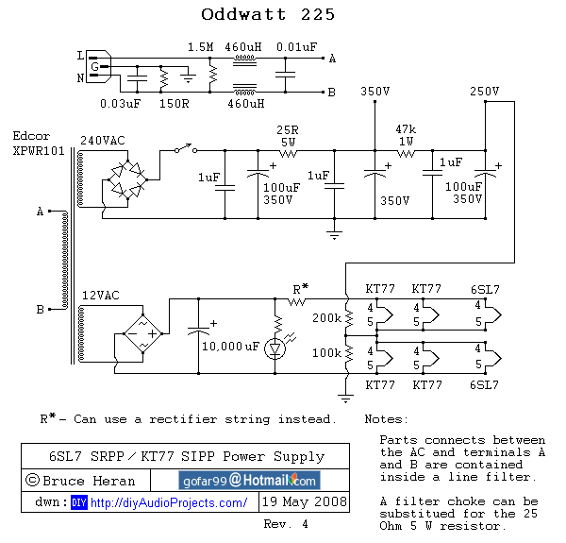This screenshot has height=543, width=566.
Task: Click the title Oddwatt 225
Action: (x=268, y=15)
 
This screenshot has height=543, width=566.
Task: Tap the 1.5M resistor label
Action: (x=200, y=46)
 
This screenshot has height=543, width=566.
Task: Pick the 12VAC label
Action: (x=100, y=297)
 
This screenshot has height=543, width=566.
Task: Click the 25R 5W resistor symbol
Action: (x=288, y=151)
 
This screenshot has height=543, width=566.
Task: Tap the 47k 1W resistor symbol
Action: (x=406, y=151)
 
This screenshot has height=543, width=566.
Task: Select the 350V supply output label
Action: (x=375, y=92)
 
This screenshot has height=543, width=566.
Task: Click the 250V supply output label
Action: (x=484, y=92)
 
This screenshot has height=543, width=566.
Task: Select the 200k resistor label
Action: (x=326, y=318)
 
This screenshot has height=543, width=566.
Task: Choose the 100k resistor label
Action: (x=326, y=351)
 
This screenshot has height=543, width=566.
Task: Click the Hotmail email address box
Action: (x=249, y=480)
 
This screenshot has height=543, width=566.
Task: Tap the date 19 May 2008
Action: (x=304, y=501)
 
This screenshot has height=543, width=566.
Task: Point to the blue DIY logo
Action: (x=78, y=502)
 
